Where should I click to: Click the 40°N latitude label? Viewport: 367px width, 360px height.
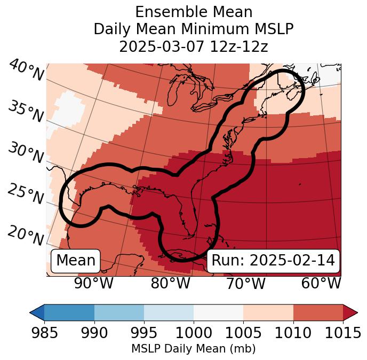tap(26, 71)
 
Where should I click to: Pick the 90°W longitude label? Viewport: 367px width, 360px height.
tap(94, 284)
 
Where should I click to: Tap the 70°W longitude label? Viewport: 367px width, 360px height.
tap(246, 284)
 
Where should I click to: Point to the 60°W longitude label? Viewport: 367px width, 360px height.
tap(321, 284)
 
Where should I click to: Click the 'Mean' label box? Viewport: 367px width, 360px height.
tap(76, 261)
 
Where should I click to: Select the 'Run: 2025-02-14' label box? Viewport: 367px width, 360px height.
tap(273, 261)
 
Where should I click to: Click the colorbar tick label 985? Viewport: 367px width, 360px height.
tap(44, 333)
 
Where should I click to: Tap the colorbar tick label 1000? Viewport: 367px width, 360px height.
tap(194, 333)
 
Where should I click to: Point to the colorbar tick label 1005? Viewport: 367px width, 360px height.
tap(243, 333)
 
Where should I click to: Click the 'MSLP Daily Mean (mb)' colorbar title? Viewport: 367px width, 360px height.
tap(193, 349)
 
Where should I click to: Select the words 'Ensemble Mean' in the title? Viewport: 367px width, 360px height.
tap(194, 12)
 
